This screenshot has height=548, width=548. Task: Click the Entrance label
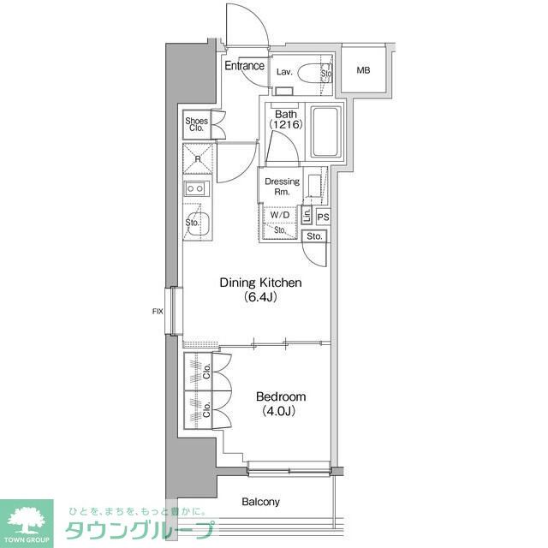click(x=244, y=65)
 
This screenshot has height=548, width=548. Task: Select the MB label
click(x=363, y=70)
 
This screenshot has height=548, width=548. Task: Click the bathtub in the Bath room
click(x=325, y=131)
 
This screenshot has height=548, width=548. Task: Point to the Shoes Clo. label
click(x=196, y=124)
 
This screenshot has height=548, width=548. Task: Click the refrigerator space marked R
click(x=198, y=159)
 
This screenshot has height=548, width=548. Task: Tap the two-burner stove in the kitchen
click(x=197, y=188)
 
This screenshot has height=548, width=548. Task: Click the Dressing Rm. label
click(x=282, y=187)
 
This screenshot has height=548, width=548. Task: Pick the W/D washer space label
click(x=280, y=215)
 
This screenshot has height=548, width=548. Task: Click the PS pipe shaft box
click(x=323, y=217)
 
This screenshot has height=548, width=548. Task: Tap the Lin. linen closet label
click(x=307, y=215)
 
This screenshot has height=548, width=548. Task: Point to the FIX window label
click(x=158, y=311)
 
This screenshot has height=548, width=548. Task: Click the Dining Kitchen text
click(x=260, y=283)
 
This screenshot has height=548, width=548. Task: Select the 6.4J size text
click(x=260, y=297)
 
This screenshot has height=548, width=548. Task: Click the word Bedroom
click(x=281, y=396)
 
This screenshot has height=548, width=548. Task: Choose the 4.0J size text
click(x=278, y=411)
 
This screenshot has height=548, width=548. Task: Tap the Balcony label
click(x=260, y=502)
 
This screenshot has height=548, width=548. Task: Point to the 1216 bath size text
click(x=285, y=124)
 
